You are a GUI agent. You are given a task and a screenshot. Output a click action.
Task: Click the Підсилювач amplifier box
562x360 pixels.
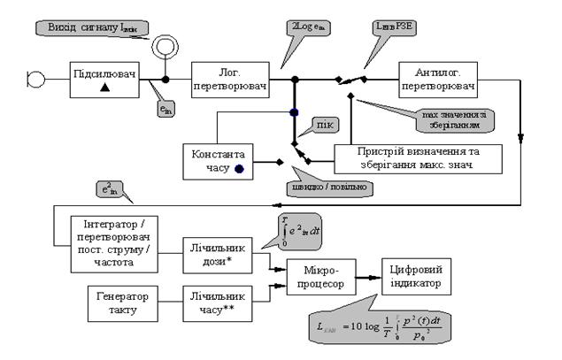105,78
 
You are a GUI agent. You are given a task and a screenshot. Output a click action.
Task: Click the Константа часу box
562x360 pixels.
215,159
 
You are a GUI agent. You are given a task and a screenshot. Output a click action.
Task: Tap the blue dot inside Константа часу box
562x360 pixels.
239,167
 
